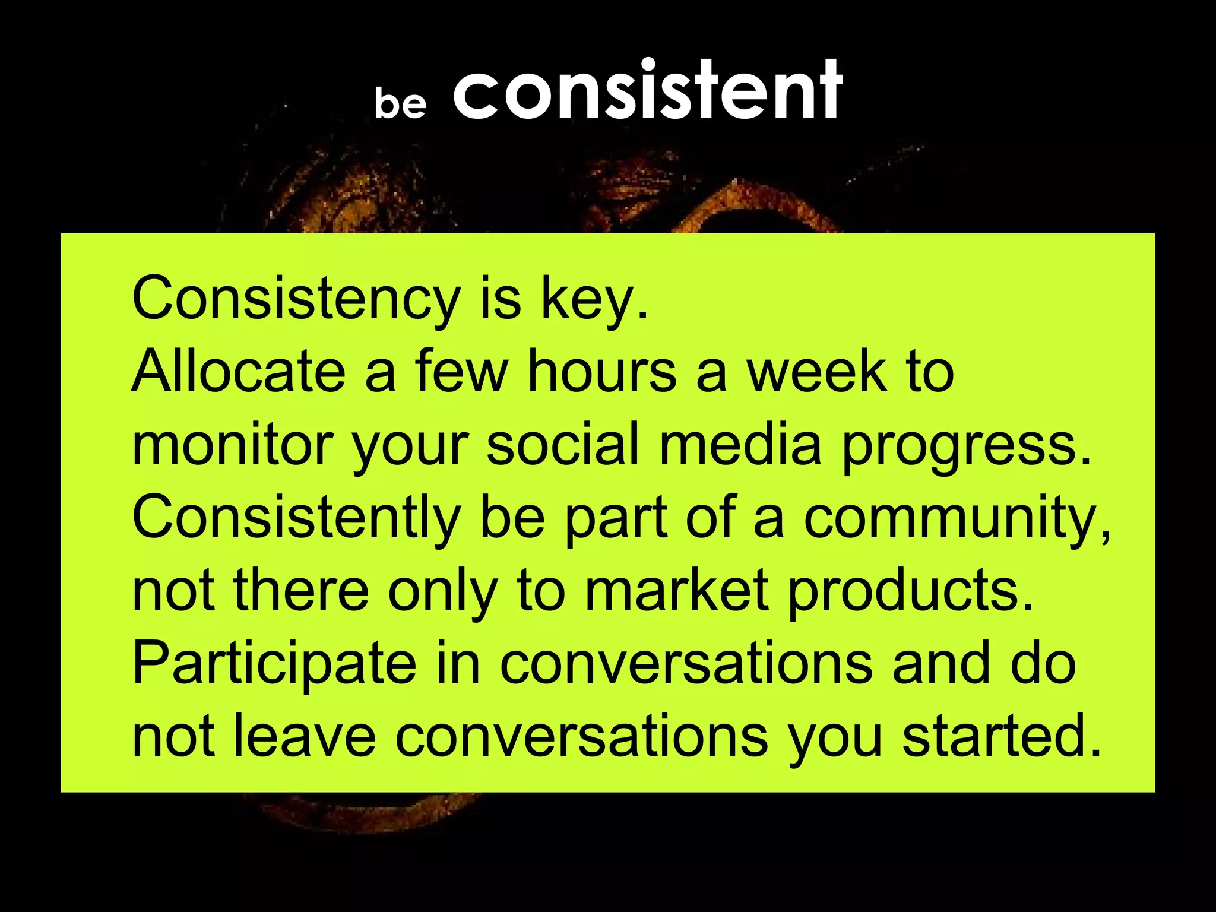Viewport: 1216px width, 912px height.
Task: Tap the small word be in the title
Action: click(400, 102)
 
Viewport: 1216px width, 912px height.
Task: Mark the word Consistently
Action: click(296, 517)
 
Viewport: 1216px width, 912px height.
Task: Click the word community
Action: click(957, 518)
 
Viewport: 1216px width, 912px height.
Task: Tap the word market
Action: click(677, 590)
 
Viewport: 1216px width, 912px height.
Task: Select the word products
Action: click(911, 591)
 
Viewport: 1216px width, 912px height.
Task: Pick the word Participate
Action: click(274, 664)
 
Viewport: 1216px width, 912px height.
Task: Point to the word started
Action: click(1002, 737)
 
